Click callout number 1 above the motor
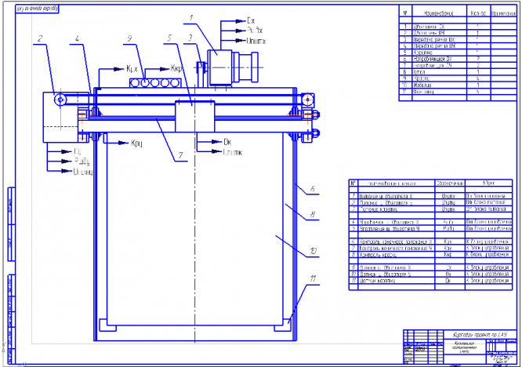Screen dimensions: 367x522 click(x=190, y=17)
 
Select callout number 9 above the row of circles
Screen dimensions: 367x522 click(x=128, y=39)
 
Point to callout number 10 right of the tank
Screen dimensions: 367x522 click(x=313, y=253)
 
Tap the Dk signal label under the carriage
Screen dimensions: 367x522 click(x=227, y=141)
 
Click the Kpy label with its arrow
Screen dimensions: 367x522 click(x=136, y=143)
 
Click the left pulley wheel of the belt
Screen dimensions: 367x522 click(x=58, y=97)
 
